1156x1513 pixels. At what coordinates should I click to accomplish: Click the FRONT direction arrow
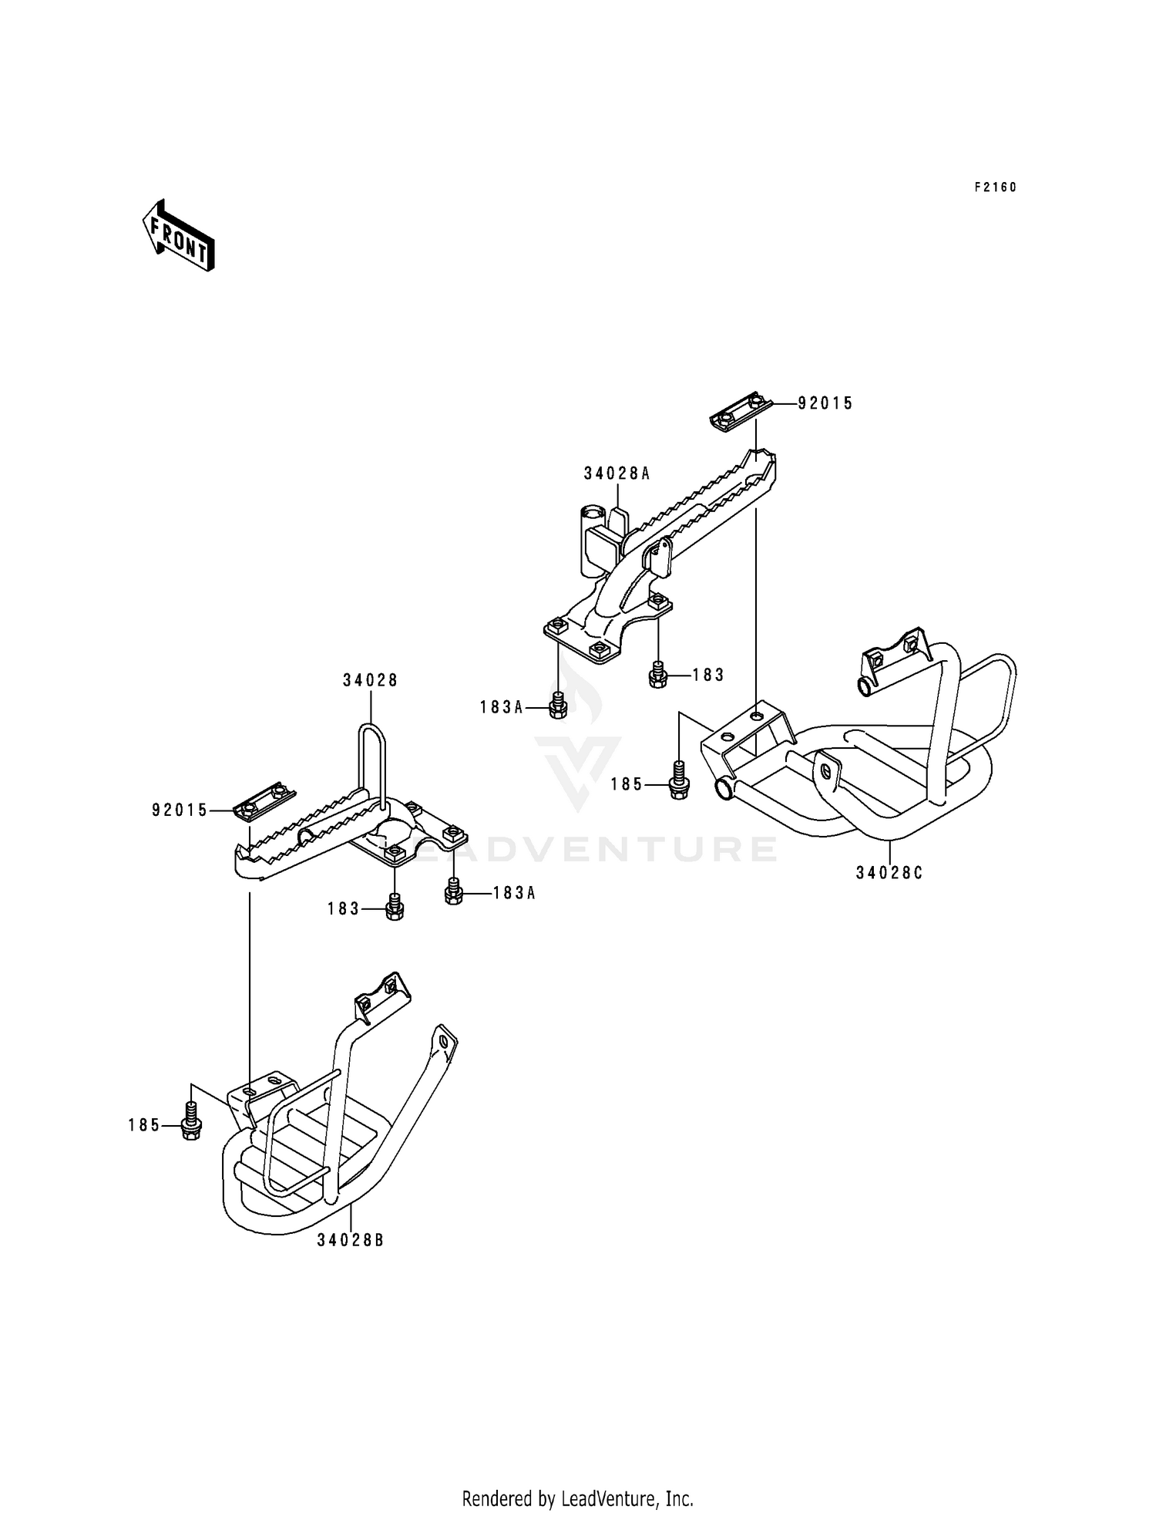tap(178, 235)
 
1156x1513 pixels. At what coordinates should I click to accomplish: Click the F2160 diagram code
tap(995, 187)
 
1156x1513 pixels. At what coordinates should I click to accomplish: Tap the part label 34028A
tap(617, 473)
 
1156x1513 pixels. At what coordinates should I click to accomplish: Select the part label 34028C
tap(889, 873)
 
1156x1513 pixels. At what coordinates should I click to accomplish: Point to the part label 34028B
tap(349, 1241)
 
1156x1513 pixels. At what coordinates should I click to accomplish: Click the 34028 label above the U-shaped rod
tap(370, 680)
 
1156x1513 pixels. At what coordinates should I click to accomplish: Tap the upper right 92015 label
tap(825, 403)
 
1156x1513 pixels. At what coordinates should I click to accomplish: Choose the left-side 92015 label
tap(180, 810)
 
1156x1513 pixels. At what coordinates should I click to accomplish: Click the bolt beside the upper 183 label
tap(657, 675)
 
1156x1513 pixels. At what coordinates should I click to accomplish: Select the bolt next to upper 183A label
tap(559, 706)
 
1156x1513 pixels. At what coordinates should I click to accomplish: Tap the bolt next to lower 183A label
tap(454, 892)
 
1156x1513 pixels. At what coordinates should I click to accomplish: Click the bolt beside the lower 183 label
tap(394, 908)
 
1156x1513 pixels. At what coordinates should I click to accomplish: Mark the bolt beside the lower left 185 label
tap(190, 1125)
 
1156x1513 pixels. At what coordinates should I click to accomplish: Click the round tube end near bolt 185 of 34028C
tap(726, 788)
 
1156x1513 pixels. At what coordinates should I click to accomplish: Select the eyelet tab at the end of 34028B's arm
tap(444, 1040)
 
